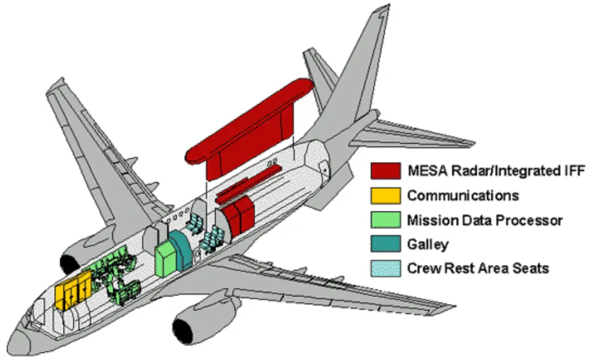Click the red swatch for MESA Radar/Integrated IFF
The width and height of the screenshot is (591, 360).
pyautogui.click(x=386, y=170)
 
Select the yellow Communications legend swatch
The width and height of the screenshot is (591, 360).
pyautogui.click(x=386, y=195)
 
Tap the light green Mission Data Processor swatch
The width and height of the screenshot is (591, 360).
pyautogui.click(x=386, y=220)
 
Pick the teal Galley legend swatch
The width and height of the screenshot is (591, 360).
pyautogui.click(x=386, y=244)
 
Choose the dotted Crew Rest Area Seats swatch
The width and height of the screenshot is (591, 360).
pyautogui.click(x=386, y=268)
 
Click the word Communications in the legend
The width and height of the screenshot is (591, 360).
pyautogui.click(x=463, y=195)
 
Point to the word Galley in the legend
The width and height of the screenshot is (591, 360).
pyautogui.click(x=427, y=245)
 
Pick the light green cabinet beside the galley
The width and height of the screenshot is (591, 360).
pyautogui.click(x=165, y=259)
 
